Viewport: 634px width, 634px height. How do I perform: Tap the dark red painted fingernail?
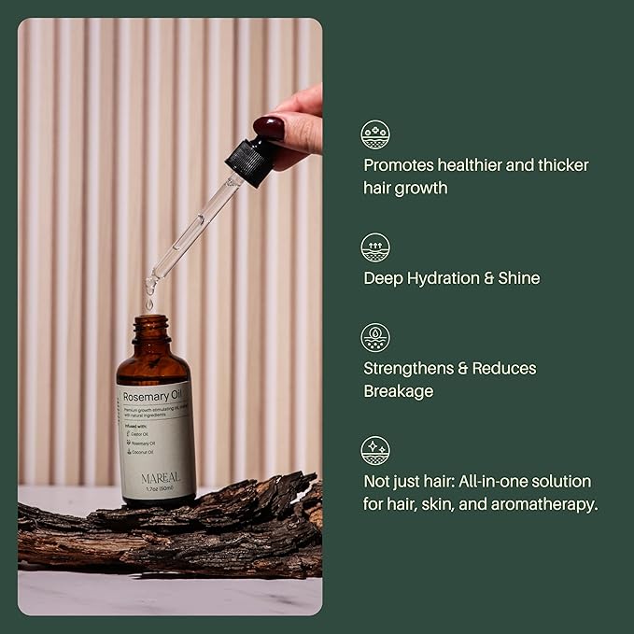[x=268, y=127]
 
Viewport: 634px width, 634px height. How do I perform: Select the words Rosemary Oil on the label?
[x=150, y=396]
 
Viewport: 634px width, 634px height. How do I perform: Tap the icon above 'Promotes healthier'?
[x=375, y=134]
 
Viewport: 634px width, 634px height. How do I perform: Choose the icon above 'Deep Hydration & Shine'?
[x=375, y=247]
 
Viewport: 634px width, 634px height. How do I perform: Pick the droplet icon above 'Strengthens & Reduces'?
[x=375, y=337]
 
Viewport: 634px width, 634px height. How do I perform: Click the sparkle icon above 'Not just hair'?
[x=375, y=450]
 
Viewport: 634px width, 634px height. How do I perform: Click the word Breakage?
[x=399, y=391]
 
